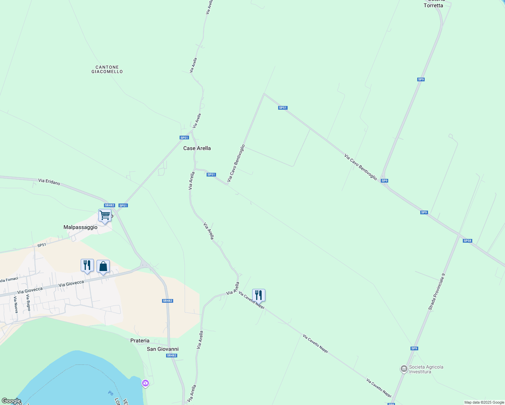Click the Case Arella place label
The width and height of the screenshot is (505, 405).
[x=197, y=148]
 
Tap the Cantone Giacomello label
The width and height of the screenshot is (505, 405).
[x=107, y=70]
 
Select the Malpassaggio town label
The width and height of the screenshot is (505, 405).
[x=80, y=227]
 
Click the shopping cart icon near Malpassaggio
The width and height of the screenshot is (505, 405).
[x=105, y=215]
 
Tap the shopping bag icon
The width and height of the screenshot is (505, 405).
[x=103, y=266]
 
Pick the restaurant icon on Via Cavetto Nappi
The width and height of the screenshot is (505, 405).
[x=259, y=295]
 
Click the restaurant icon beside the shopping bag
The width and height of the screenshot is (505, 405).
[x=87, y=265]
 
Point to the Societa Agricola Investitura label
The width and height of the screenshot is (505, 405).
[x=426, y=369]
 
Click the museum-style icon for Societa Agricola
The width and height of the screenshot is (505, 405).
[x=404, y=369]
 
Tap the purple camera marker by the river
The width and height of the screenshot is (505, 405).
[x=145, y=383]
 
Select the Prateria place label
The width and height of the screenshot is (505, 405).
[x=140, y=341]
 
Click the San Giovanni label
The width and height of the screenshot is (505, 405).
[x=163, y=349]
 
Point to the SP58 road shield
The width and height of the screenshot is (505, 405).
[x=467, y=241]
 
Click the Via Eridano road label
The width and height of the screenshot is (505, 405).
[x=49, y=182]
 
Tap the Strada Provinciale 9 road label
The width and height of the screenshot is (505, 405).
[x=436, y=292]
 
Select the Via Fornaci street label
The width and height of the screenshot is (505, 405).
[x=9, y=280]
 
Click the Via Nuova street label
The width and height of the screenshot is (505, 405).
[x=16, y=305]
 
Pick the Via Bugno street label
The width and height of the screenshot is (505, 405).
[x=28, y=303]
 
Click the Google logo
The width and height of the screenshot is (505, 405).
[x=11, y=401]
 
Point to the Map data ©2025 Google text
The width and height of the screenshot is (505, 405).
[x=484, y=402]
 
